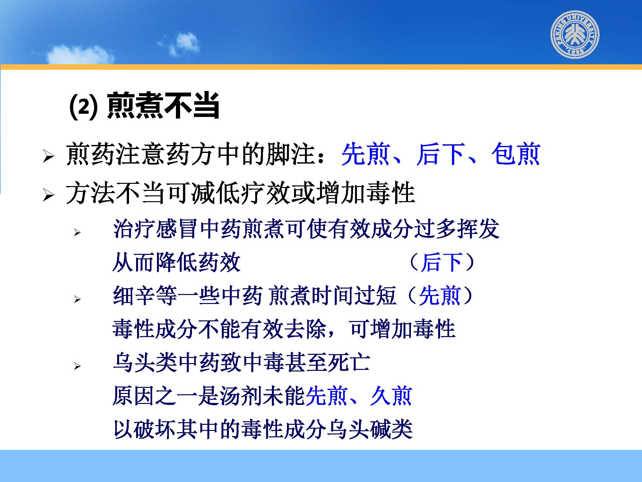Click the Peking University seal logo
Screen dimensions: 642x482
point(575,34)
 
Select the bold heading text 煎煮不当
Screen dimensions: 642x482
point(163,105)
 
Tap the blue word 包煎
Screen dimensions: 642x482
point(516,154)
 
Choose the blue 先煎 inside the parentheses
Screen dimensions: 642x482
point(440,295)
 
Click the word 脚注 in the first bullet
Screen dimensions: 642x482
point(290,154)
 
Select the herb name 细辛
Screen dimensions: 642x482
point(134,295)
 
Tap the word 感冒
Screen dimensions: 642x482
point(177,229)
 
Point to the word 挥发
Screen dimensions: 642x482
point(478,229)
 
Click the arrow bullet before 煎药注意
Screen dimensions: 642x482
point(48,156)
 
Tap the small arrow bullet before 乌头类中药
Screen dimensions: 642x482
point(77,366)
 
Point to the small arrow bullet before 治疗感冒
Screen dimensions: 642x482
point(77,232)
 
